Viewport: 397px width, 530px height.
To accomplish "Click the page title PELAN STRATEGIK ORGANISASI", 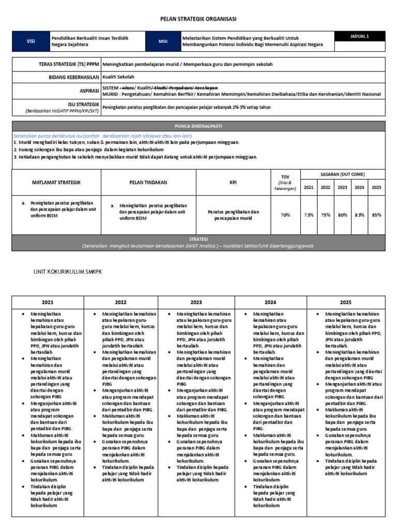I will click(198, 19).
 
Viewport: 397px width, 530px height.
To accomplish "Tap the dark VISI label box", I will click(30, 42).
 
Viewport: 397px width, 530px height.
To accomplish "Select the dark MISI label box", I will click(163, 42).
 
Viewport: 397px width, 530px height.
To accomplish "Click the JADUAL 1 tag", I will click(360, 36).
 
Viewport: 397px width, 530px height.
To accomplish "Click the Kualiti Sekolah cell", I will click(117, 77).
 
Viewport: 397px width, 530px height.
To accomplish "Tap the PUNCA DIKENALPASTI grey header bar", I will click(198, 126).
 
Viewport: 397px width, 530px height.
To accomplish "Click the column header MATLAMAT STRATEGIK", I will click(56, 183).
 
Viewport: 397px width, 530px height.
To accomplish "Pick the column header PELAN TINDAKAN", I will click(148, 183).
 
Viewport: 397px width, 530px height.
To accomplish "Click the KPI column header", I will click(233, 183).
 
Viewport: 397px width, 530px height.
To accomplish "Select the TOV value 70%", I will click(285, 215).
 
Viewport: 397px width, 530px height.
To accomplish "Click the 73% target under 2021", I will click(309, 215).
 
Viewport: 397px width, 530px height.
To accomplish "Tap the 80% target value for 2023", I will click(342, 215).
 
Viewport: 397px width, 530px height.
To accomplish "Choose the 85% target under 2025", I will click(376, 215).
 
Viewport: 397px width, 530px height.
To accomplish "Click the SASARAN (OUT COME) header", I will click(343, 175).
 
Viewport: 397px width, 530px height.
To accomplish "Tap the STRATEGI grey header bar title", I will click(198, 240).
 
